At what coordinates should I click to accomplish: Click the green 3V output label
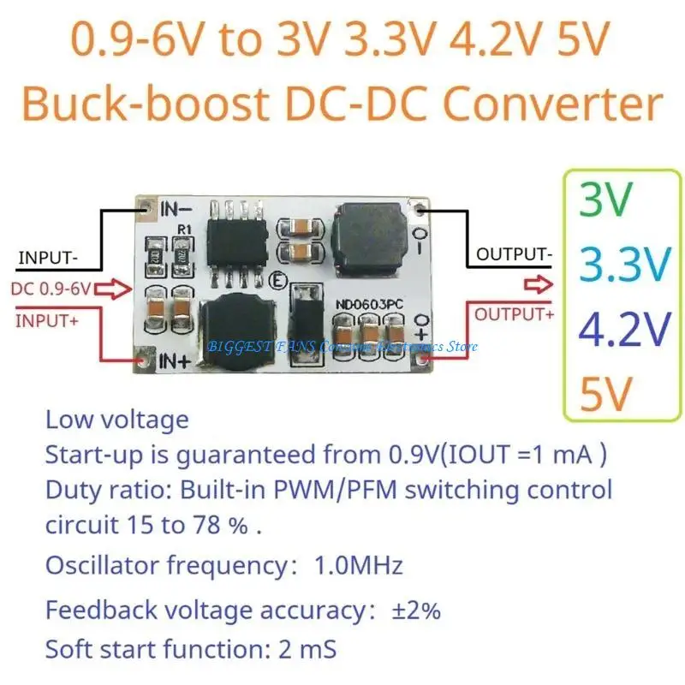606,200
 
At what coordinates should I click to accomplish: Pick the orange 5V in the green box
605,392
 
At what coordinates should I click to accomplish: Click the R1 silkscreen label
183,229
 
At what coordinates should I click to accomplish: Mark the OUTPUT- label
514,254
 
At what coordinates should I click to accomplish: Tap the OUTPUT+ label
514,314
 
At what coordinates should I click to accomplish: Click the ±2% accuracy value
416,611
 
